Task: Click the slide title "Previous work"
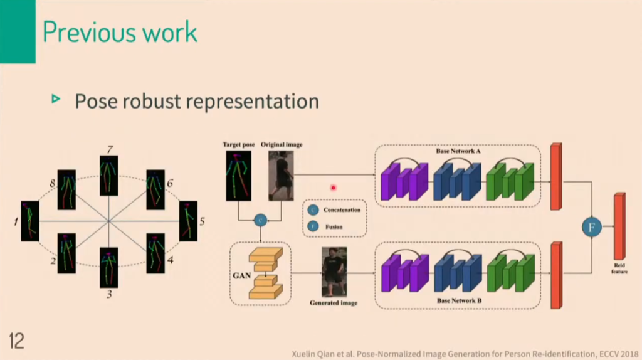[x=120, y=32]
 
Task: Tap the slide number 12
[x=16, y=341]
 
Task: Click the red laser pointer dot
[x=334, y=187]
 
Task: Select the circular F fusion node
[x=591, y=227]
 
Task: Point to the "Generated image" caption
[x=334, y=303]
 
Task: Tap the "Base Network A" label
[x=458, y=152]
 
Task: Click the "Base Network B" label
[x=458, y=300]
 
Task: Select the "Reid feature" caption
[x=619, y=269]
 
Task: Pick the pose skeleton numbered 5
[x=188, y=221]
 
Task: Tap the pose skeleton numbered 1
[x=29, y=221]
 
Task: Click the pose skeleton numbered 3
[x=108, y=266]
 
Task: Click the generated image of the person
[x=334, y=272]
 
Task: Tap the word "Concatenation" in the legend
[x=342, y=210]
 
